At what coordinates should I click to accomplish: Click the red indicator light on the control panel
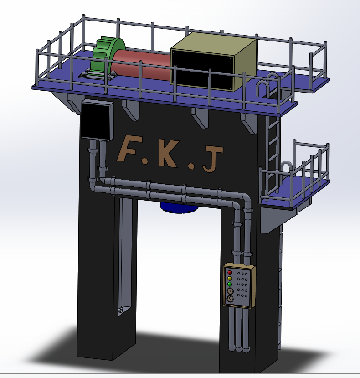pyautogui.click(x=230, y=273)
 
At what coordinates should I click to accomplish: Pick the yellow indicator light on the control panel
pyautogui.click(x=230, y=279)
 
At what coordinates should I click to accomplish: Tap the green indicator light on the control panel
pyautogui.click(x=230, y=284)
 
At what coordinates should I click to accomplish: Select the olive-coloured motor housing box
pyautogui.click(x=213, y=62)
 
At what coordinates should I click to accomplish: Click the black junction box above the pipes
pyautogui.click(x=98, y=120)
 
